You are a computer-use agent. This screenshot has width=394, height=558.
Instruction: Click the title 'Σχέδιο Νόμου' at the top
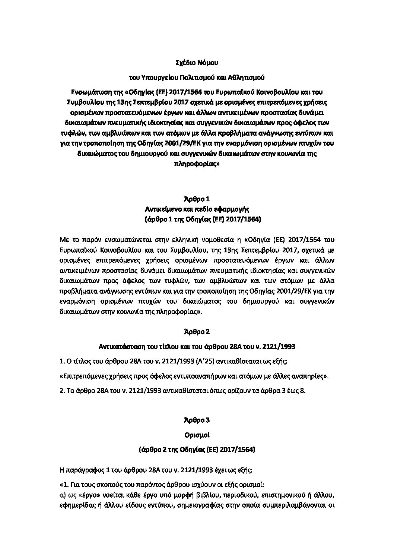[197, 63]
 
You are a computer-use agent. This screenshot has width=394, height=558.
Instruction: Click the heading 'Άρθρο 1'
[197, 199]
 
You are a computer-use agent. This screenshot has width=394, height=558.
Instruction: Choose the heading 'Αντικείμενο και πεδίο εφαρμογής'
[197, 209]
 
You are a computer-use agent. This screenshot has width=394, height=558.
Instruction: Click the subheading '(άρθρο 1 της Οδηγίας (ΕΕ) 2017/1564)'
[197, 220]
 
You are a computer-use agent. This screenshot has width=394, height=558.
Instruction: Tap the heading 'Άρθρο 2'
[197, 331]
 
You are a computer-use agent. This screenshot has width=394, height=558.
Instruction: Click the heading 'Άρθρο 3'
[197, 420]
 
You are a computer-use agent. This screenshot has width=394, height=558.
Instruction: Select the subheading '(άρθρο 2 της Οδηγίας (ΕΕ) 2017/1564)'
[197, 450]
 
